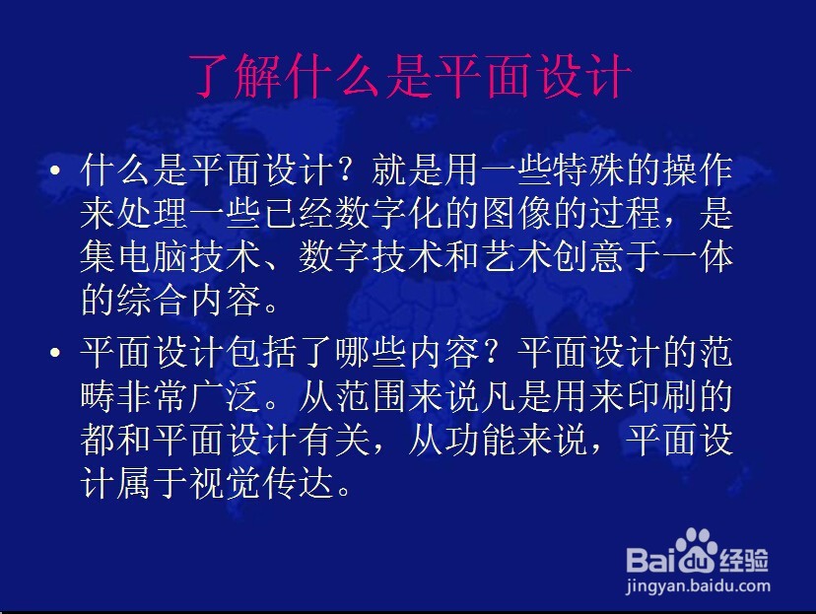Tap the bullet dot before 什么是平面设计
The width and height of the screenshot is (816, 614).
[x=55, y=171]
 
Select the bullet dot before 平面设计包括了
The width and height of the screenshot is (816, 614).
[x=55, y=352]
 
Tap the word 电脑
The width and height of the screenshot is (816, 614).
[x=153, y=256]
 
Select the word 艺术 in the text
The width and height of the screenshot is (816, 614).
[x=516, y=256]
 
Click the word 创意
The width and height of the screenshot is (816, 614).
[x=589, y=256]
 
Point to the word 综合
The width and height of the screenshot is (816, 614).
[x=153, y=300]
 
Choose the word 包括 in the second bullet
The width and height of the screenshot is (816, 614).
[x=262, y=352]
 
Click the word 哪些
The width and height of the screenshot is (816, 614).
[x=372, y=352]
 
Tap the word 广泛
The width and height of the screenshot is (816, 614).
[x=226, y=395]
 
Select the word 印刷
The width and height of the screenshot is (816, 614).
[x=662, y=395]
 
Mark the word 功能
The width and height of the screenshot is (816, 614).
[x=480, y=440]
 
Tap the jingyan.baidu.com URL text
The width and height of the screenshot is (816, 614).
[x=698, y=585]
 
